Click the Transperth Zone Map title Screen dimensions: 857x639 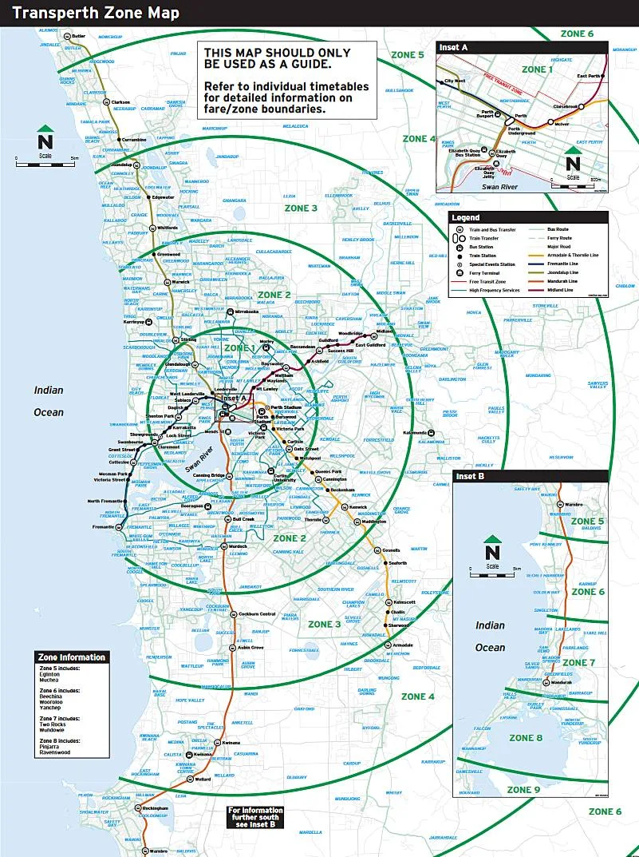96,13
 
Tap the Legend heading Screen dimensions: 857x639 465,217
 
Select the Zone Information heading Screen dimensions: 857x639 71,657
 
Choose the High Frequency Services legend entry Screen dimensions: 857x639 495,290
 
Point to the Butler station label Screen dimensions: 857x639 78,36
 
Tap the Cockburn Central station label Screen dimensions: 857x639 257,613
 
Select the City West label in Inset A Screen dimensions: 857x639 455,81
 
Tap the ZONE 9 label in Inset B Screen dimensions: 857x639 524,790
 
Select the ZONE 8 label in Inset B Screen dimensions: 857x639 526,738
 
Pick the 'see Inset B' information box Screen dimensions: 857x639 256,816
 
